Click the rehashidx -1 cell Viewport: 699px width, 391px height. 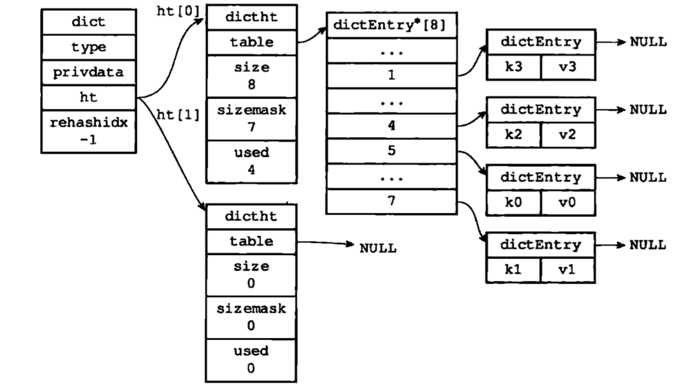pyautogui.click(x=89, y=131)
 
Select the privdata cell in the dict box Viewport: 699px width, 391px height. pyautogui.click(x=89, y=72)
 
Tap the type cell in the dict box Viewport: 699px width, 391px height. pyautogui.click(x=89, y=48)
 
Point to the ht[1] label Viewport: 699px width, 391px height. pyautogui.click(x=178, y=114)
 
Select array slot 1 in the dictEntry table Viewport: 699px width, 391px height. pyautogui.click(x=391, y=76)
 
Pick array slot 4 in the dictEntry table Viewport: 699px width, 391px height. pyautogui.click(x=391, y=126)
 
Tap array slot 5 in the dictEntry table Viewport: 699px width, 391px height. pyautogui.click(x=391, y=150)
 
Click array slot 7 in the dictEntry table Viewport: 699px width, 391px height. pyautogui.click(x=391, y=200)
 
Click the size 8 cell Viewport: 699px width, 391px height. pyautogui.click(x=251, y=76)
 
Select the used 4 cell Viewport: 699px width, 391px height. pyautogui.click(x=251, y=161)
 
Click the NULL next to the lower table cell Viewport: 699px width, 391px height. pyautogui.click(x=378, y=248)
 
